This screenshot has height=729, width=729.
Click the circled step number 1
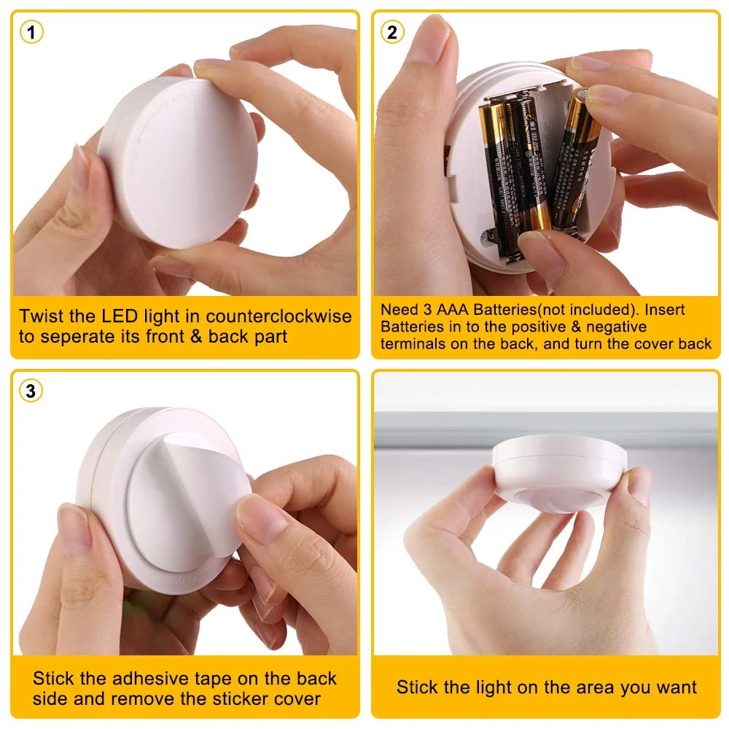coord(31,32)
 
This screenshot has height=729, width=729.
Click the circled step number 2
coord(393,32)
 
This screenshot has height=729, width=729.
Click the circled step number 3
coord(31,391)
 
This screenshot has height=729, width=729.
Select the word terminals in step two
coord(413,344)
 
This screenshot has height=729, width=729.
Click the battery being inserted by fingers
coord(576,157)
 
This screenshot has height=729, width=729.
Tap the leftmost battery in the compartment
coord(497,175)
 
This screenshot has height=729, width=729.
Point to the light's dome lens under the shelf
coord(561,496)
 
